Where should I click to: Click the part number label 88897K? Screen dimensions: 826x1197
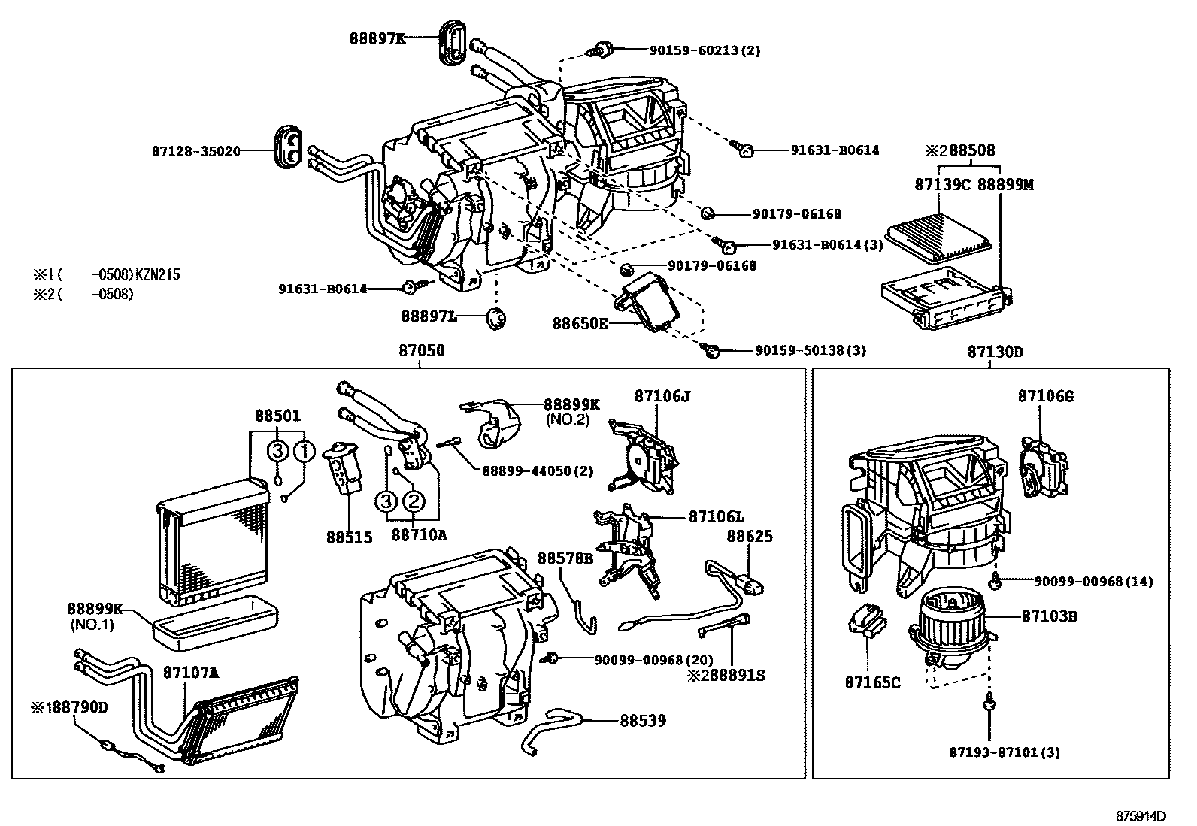pyautogui.click(x=377, y=37)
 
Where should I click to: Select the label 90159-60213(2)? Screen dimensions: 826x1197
pyautogui.click(x=705, y=50)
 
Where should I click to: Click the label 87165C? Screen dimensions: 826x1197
pyautogui.click(x=872, y=683)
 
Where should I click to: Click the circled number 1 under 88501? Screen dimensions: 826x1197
pyautogui.click(x=304, y=451)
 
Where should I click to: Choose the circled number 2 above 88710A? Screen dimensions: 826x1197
pyautogui.click(x=414, y=501)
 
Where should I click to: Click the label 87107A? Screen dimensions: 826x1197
pyautogui.click(x=191, y=673)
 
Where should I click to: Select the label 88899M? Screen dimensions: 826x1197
pyautogui.click(x=1005, y=183)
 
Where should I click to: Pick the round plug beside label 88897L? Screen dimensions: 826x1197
pyautogui.click(x=495, y=318)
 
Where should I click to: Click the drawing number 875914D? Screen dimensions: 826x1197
pyautogui.click(x=1140, y=815)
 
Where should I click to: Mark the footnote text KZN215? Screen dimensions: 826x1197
pyautogui.click(x=157, y=275)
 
